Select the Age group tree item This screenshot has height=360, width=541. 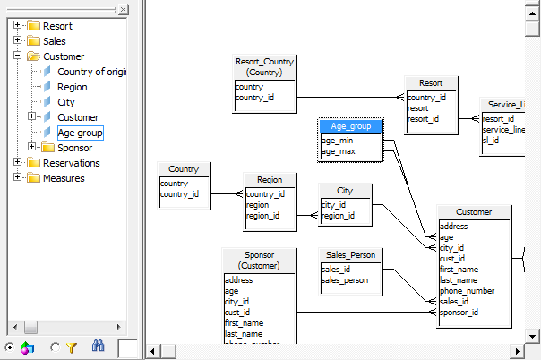pyautogui.click(x=80, y=133)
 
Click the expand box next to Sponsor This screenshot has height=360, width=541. pyautogui.click(x=31, y=147)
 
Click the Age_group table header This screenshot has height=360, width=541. pyautogui.click(x=350, y=126)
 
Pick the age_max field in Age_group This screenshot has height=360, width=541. pyautogui.click(x=339, y=151)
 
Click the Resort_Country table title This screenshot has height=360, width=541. pyautogui.click(x=264, y=67)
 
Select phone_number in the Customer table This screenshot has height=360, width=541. pyautogui.click(x=468, y=291)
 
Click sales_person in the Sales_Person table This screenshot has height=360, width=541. pyautogui.click(x=345, y=280)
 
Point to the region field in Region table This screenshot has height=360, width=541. pyautogui.click(x=257, y=205)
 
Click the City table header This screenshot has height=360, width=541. pyautogui.click(x=345, y=191)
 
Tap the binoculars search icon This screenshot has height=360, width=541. pyautogui.click(x=98, y=346)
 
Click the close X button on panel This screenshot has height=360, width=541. pyautogui.click(x=123, y=10)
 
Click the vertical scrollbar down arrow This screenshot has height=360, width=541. pyautogui.click(x=532, y=336)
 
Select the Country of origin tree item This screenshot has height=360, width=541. pyautogui.click(x=91, y=72)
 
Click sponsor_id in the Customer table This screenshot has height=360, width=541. pyautogui.click(x=459, y=313)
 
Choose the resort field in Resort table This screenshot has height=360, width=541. pyautogui.click(x=417, y=108)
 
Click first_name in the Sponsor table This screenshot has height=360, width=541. pyautogui.click(x=244, y=323)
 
